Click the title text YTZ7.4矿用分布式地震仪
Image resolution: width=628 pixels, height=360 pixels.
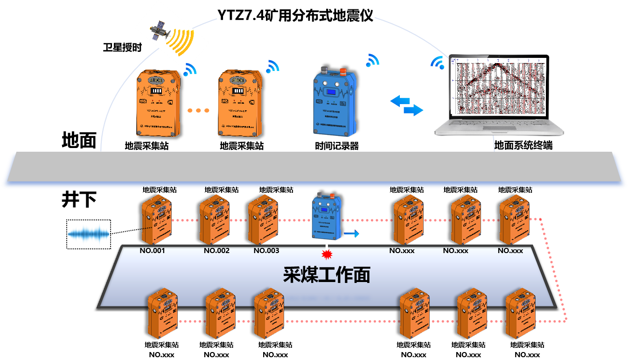point(296,14)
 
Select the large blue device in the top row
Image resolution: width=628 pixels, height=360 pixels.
point(334,103)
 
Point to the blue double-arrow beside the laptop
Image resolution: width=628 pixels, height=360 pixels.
point(406,106)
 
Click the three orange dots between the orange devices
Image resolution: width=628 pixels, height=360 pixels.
point(198,111)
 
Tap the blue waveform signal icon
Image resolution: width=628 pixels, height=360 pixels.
point(89,234)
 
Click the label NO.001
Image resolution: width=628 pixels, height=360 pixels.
point(153,251)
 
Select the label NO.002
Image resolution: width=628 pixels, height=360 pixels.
point(216,251)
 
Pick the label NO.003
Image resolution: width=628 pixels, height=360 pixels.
point(266,251)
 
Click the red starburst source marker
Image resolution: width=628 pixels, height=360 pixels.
point(327,254)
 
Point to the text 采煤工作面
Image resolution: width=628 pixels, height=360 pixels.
point(327,275)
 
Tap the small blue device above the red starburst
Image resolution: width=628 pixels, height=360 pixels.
point(327,216)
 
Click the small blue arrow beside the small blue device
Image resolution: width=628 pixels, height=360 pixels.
point(352,233)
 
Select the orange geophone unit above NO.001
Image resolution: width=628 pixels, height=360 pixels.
point(156,219)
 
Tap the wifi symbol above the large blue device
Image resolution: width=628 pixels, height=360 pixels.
point(372,60)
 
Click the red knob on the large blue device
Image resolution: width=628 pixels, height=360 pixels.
point(342,72)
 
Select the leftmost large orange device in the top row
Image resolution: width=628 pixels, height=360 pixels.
point(158,104)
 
